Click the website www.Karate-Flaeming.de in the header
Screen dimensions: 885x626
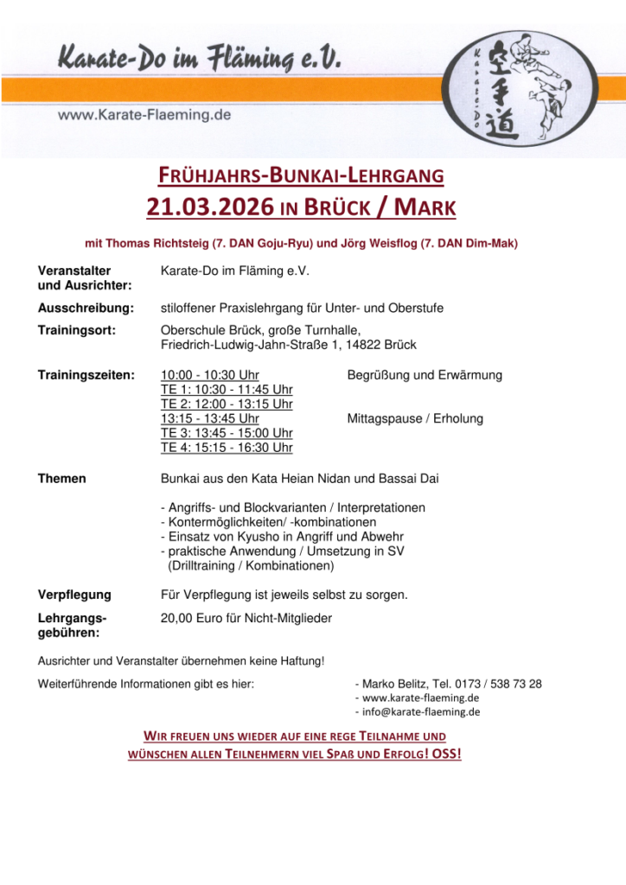[144, 114]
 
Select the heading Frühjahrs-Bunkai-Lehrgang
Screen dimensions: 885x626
[300, 177]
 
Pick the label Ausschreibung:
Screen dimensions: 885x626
[86, 308]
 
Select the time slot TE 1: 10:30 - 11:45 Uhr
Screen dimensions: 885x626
[227, 390]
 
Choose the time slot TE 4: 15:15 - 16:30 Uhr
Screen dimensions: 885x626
[227, 448]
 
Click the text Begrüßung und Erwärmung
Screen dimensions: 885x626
[425, 375]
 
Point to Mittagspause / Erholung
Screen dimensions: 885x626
[415, 418]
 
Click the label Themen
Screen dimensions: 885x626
[62, 479]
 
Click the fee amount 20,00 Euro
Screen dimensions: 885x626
[191, 618]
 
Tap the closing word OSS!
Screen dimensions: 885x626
[446, 754]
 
